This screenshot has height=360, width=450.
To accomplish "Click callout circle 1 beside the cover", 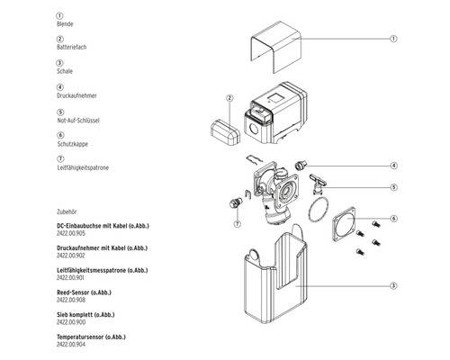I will tap(393, 39).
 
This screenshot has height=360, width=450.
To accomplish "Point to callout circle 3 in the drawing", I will tap(393, 285).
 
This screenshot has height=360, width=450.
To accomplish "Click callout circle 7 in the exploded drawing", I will tap(237, 222).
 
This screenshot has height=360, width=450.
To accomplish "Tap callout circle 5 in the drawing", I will tap(393, 187).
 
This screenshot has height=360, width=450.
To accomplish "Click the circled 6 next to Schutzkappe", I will tap(59, 135).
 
